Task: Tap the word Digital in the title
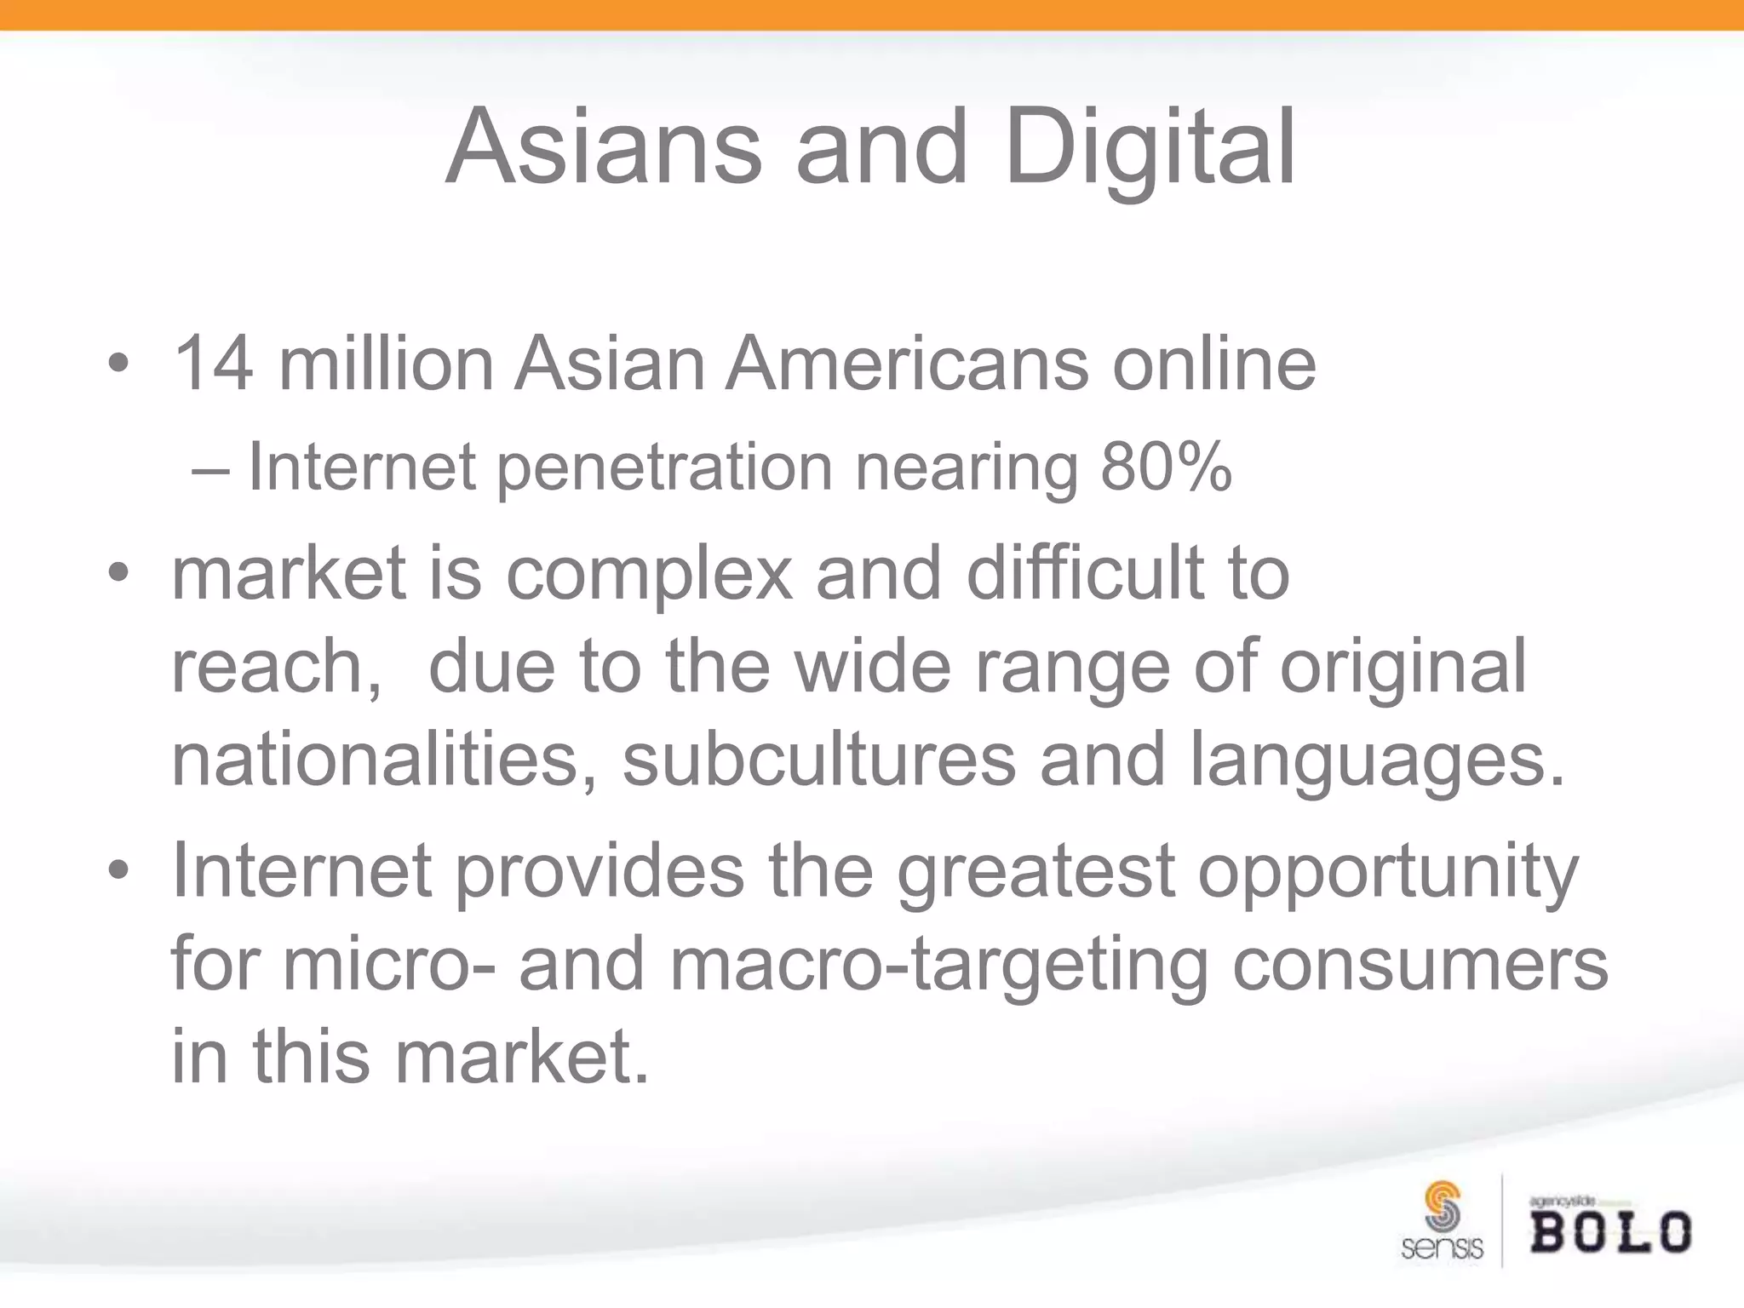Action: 1150,146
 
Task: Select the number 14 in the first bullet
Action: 213,364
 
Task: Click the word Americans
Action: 907,364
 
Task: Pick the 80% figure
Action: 1166,468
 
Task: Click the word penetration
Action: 664,468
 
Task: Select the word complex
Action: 649,575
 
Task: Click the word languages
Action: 1376,760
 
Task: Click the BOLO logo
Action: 1610,1227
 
